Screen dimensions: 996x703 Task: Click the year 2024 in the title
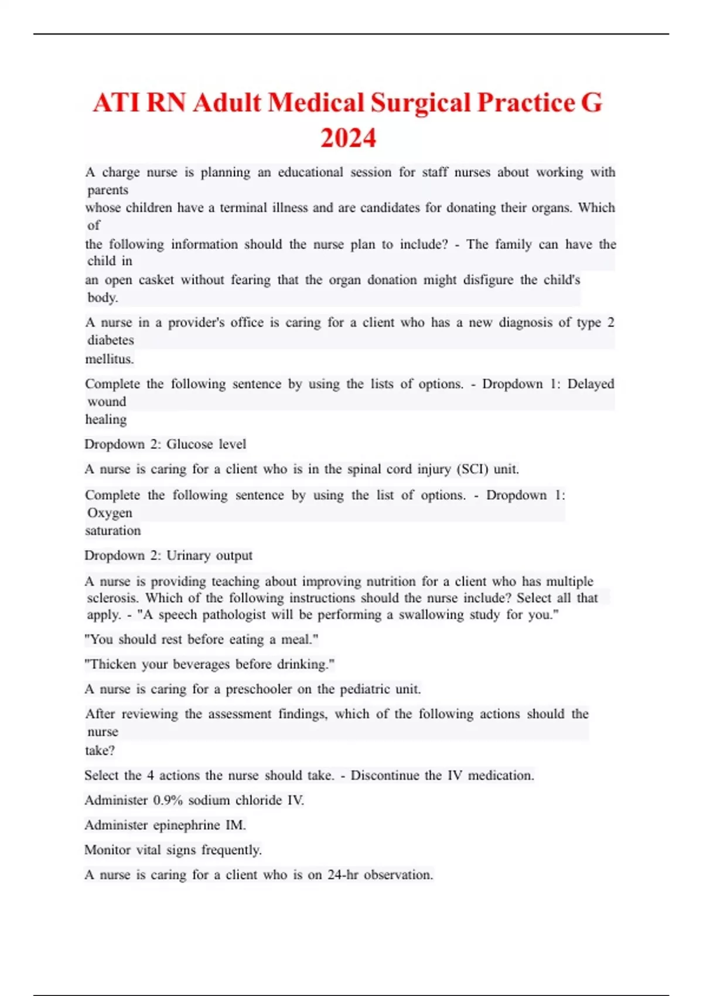348,138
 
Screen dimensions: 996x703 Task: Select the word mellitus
110,359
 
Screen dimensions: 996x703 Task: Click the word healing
106,419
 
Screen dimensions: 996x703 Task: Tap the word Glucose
189,444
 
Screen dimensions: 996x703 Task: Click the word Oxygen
110,513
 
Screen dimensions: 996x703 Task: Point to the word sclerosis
112,598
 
